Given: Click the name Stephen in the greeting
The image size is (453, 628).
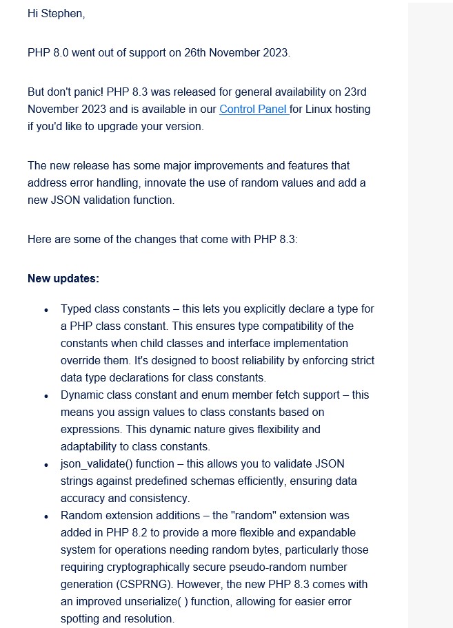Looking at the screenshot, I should pyautogui.click(x=63, y=14).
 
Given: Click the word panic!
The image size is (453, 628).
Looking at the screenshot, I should pyautogui.click(x=101, y=92).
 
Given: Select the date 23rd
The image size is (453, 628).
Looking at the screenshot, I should pyautogui.click(x=362, y=92).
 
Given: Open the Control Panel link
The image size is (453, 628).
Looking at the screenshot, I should pyautogui.click(x=253, y=109).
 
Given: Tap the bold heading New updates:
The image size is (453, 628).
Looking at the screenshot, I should pyautogui.click(x=63, y=279).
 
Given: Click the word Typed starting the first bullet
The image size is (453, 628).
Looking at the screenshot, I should pyautogui.click(x=75, y=309).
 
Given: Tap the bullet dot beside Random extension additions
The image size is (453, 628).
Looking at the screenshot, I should pyautogui.click(x=46, y=516).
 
